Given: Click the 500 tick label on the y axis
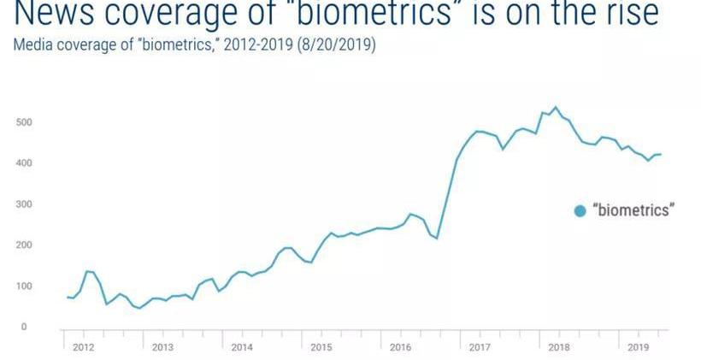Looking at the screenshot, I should pos(24,122).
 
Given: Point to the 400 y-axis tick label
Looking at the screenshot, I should pos(24,163).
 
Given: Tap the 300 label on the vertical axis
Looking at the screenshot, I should pos(24,204).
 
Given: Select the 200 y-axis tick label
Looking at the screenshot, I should pos(24,245).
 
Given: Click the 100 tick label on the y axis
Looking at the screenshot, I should pos(24,286).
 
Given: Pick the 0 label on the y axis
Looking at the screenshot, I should pos(24,328).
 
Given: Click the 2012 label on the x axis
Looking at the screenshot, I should pos(83,348).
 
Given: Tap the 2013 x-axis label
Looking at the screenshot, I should pos(162,348).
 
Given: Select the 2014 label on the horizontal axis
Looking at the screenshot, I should pos(242,348).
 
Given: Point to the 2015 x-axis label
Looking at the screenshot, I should pos(321,348).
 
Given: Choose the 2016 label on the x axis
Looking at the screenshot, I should pos(400,348).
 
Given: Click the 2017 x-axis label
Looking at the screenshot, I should pos(480,348).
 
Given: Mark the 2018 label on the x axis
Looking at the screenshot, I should pos(558,348).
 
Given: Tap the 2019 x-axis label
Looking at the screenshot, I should pos(638,348).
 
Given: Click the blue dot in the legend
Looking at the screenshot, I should pos(580,211).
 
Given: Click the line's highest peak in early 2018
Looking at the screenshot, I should pos(556,107).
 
